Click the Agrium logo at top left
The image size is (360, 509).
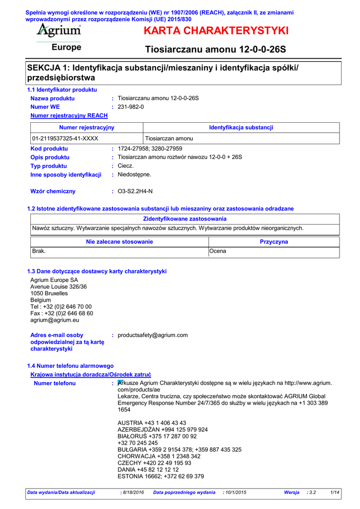coord(59,31)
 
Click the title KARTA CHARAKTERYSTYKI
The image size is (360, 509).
coord(216,31)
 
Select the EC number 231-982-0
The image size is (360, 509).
coord(131,107)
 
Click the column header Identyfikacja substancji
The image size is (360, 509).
coord(241,128)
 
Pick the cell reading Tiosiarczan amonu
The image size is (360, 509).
coord(169,139)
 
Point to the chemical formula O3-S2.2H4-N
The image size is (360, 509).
coord(135,191)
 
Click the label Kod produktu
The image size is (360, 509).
coord(49,149)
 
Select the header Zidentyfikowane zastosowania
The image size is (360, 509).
coord(184,219)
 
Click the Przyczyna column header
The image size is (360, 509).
coord(273,242)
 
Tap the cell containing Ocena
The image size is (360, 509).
coord(218,252)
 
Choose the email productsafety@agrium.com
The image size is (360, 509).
coord(153,335)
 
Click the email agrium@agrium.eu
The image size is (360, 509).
coord(55,320)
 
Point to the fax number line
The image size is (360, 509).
coord(62,314)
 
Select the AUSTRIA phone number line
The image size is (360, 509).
coord(152,423)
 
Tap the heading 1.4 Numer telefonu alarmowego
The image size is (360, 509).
coord(70,366)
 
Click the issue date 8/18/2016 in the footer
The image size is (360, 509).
coord(133,492)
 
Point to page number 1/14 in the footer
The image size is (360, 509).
coord(335,492)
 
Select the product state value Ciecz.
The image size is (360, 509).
coord(126,166)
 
